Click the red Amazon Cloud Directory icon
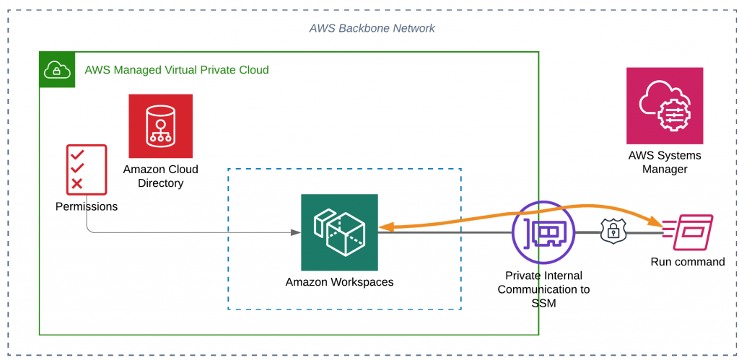click(x=160, y=126)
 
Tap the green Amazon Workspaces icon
click(x=339, y=232)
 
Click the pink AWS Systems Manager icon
click(x=664, y=106)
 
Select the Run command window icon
click(x=688, y=232)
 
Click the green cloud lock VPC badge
click(x=57, y=70)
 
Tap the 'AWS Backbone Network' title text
click(x=372, y=28)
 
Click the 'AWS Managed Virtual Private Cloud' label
click(x=177, y=70)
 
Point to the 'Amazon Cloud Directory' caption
click(x=160, y=176)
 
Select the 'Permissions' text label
click(x=87, y=206)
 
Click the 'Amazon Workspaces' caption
click(x=339, y=281)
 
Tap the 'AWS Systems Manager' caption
click(x=664, y=162)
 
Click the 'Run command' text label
click(x=687, y=262)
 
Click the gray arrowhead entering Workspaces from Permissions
click(x=296, y=232)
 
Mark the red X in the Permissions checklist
click(x=77, y=184)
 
